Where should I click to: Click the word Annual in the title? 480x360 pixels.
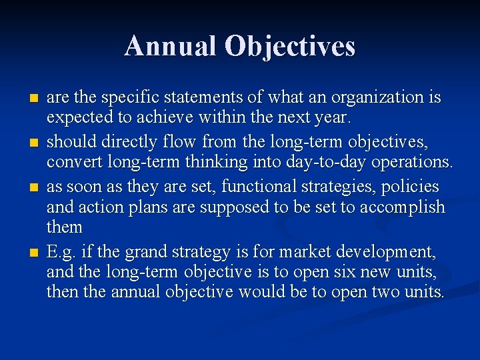171,46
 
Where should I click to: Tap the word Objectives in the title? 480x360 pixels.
290,46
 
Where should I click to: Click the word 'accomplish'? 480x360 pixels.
401,207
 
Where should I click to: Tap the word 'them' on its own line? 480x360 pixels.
65,228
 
